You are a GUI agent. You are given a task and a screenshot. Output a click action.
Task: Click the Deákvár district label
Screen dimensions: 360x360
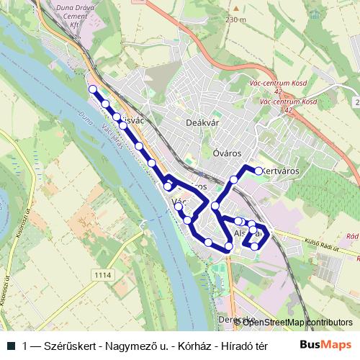point(202,123)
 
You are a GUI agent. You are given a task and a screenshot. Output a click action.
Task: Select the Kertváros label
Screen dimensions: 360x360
point(282,171)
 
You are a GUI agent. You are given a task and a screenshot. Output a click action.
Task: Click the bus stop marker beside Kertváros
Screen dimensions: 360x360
point(259,171)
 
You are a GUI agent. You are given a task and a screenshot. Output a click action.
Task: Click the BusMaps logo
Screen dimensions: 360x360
point(325,344)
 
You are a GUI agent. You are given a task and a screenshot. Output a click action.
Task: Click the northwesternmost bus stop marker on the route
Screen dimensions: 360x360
point(92,89)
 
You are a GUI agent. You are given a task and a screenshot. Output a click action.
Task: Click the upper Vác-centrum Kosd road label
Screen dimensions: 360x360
point(281,83)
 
